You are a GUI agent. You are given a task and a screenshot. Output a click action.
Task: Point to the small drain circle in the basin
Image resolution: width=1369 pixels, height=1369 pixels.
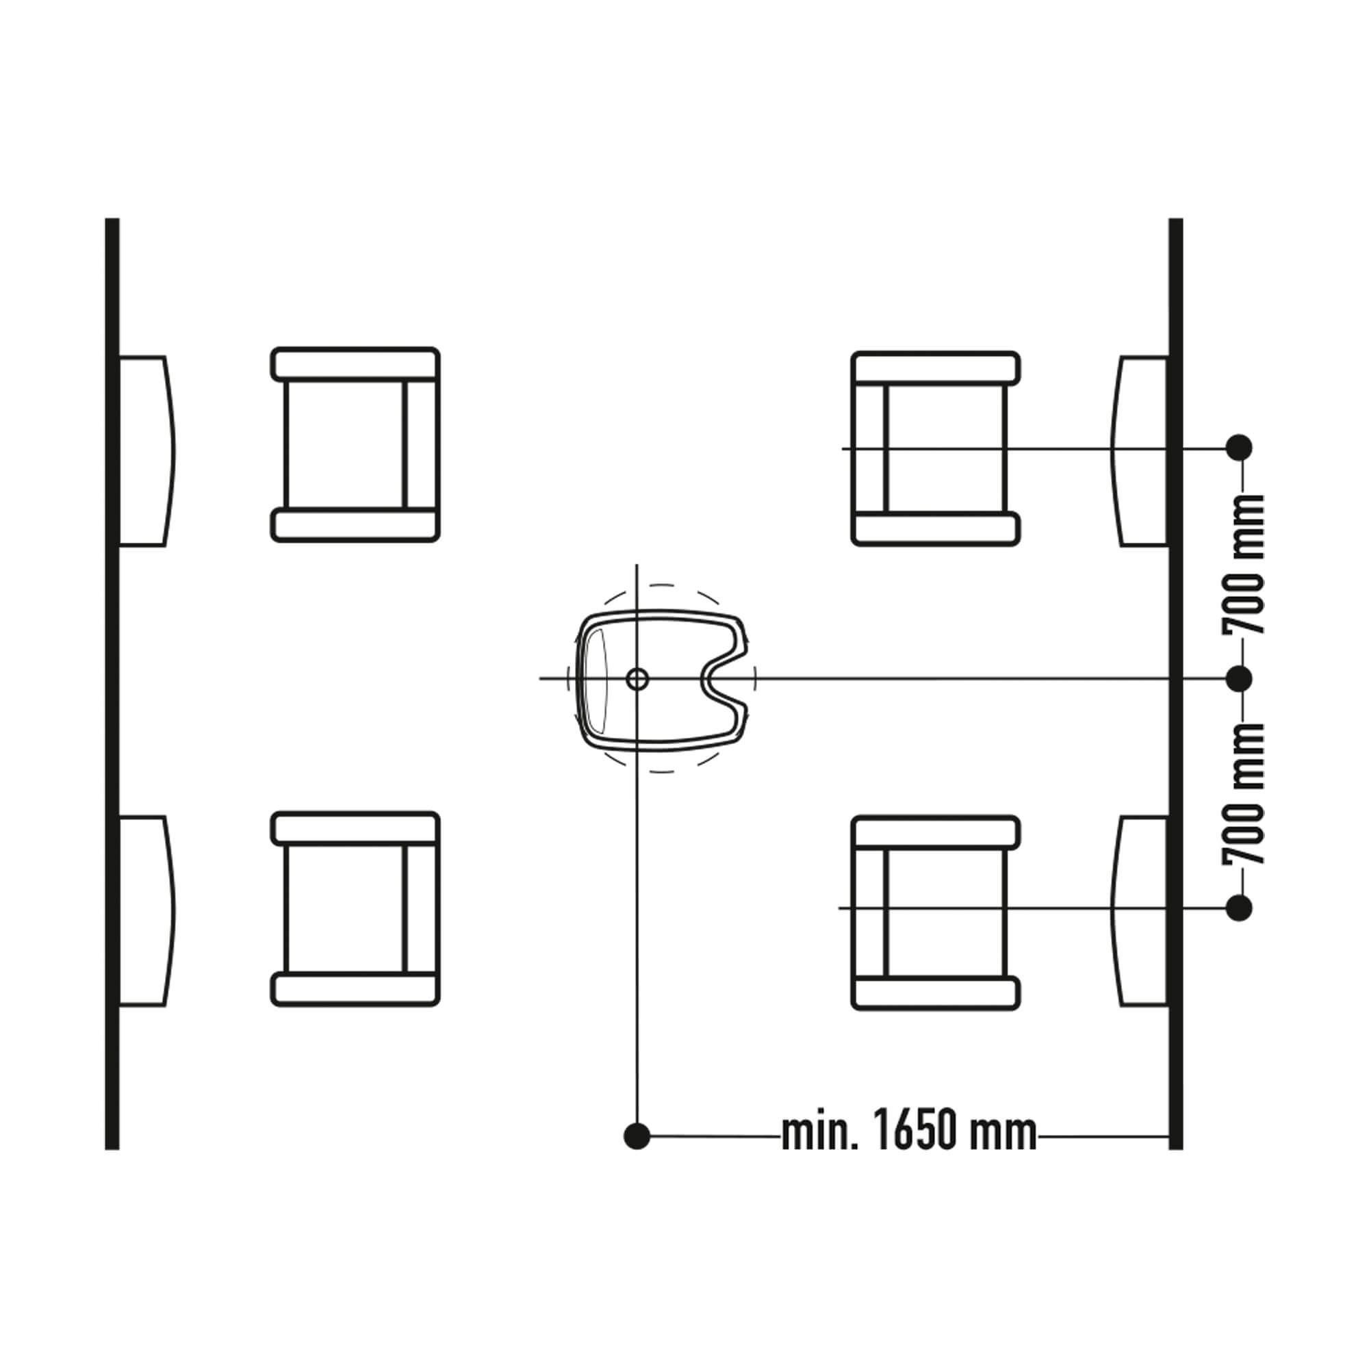pyautogui.click(x=637, y=679)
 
